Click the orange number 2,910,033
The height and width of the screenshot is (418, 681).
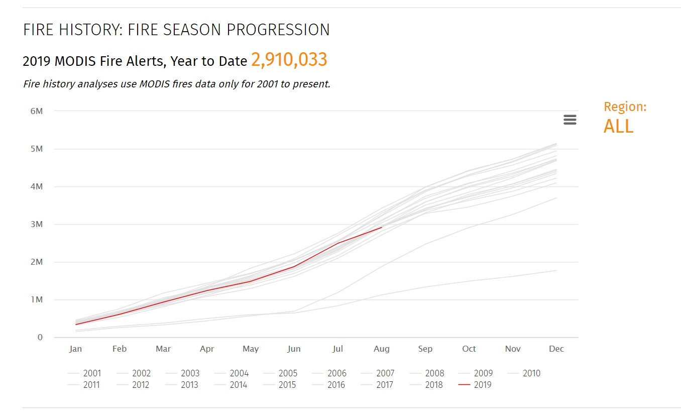tap(289, 60)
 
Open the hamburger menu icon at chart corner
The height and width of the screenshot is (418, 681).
tap(570, 120)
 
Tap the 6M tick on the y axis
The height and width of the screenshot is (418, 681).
tap(37, 111)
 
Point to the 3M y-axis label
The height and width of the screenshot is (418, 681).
tap(37, 224)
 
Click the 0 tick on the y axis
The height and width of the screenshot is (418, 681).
tap(40, 337)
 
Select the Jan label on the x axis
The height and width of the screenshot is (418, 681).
tap(75, 349)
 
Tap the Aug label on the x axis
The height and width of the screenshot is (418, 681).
tap(382, 349)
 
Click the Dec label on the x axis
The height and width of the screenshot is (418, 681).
tap(556, 349)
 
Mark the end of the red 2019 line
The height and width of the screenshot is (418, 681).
tap(382, 227)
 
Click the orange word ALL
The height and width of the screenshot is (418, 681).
tap(618, 126)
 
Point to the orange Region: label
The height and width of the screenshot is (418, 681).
tap(625, 107)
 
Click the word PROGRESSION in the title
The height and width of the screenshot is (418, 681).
tap(278, 30)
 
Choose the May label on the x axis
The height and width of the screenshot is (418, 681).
tap(251, 349)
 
